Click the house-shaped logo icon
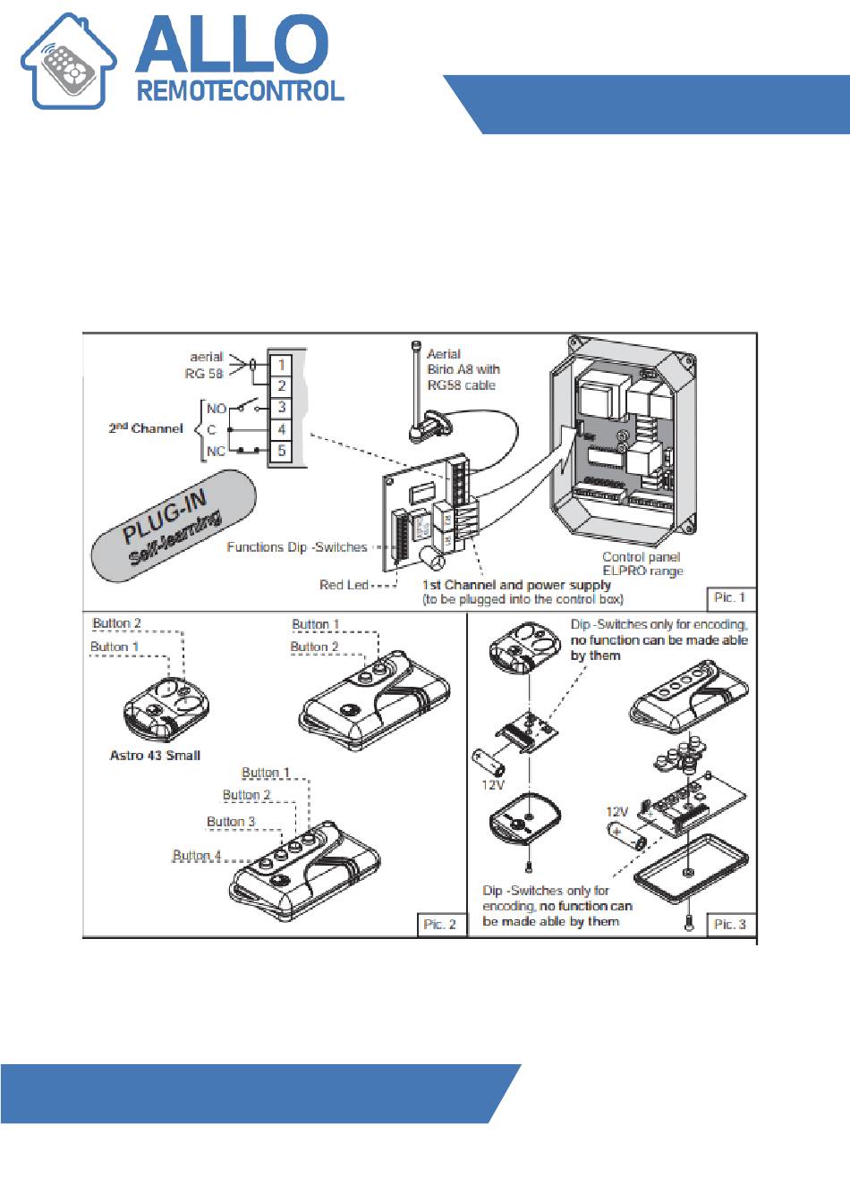68,61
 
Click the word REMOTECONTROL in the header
241,91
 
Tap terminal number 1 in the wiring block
281,365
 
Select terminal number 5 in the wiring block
281,451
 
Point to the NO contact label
217,409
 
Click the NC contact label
216,452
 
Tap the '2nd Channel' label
145,427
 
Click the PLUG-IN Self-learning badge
174,526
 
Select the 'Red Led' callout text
344,585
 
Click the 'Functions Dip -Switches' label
296,547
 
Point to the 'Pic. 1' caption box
730,598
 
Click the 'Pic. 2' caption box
439,925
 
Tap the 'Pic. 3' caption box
730,925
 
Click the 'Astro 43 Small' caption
155,756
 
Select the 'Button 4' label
196,855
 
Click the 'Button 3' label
231,822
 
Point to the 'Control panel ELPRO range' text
642,563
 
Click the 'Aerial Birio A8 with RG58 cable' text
463,369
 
